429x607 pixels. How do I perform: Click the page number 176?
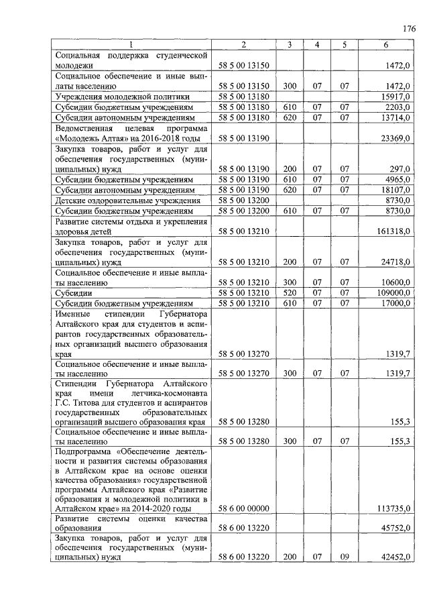(409, 29)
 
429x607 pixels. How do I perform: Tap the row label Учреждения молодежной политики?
(111, 97)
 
